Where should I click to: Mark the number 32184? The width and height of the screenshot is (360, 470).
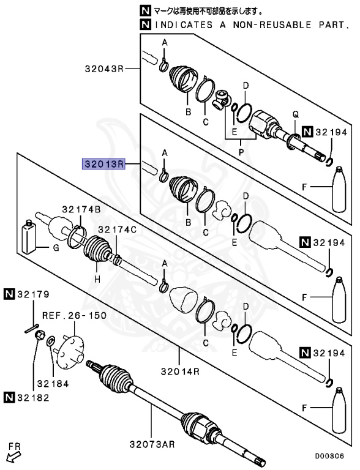(54, 384)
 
